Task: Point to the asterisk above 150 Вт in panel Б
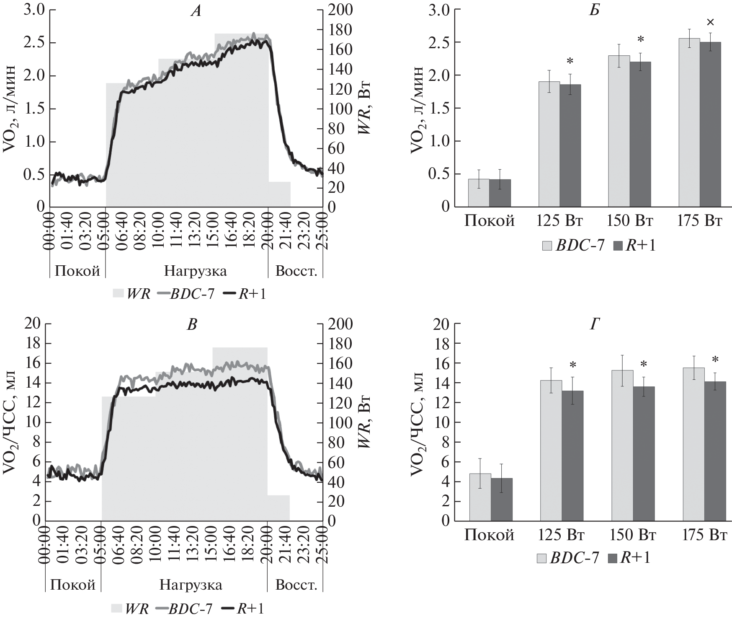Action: click(640, 40)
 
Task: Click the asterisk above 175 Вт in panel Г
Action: click(715, 360)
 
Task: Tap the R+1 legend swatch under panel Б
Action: click(618, 246)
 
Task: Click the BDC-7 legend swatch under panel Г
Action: click(541, 558)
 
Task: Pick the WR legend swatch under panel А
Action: click(119, 294)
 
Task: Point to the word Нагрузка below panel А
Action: click(195, 271)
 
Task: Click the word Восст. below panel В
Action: click(296, 585)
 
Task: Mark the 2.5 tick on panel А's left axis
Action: click(35, 43)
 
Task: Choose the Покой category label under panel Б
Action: click(489, 221)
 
